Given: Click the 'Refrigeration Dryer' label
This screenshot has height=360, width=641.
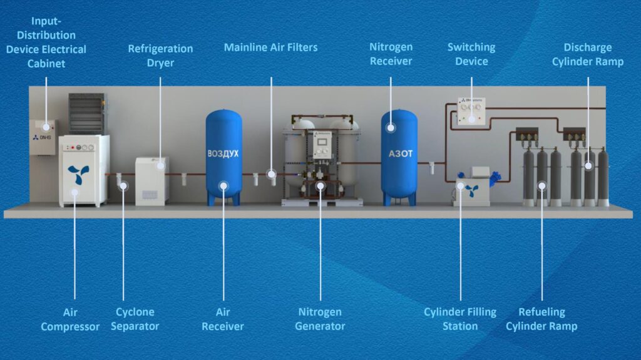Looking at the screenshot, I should [x=160, y=55].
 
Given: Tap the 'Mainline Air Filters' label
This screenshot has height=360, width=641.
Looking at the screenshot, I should [x=270, y=48].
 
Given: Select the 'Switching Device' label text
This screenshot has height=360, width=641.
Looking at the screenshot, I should [x=471, y=54].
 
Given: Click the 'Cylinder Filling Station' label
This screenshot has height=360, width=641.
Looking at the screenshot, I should [x=459, y=319].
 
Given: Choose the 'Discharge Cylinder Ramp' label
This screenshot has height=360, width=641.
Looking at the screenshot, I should [x=587, y=54].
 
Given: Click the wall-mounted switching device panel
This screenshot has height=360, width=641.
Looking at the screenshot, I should [x=471, y=111].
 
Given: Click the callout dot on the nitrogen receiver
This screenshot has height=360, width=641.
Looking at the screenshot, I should [x=391, y=128].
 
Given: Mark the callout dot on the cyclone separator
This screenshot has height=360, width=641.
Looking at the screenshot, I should [x=123, y=185].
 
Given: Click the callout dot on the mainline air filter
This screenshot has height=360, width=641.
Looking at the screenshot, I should [x=271, y=173].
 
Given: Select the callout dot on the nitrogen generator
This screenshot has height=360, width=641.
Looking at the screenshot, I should [x=320, y=185].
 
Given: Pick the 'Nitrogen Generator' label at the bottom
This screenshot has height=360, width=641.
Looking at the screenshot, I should [x=319, y=319].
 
